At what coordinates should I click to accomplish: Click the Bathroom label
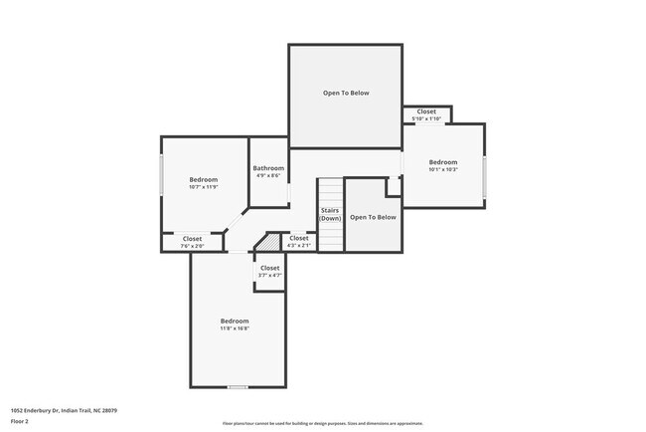(268, 168)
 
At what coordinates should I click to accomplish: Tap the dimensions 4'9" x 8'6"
(268, 176)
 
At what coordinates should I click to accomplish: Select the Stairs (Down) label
(330, 214)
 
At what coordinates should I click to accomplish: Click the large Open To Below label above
(346, 93)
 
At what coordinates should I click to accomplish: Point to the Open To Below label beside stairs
(373, 216)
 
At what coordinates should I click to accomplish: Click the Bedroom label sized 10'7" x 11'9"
(203, 179)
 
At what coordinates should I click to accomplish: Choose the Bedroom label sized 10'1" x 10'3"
(443, 162)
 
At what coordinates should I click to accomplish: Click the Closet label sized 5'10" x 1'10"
(426, 111)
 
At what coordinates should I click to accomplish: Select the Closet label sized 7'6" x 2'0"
(192, 239)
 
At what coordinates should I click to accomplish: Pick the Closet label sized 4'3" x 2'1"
(298, 238)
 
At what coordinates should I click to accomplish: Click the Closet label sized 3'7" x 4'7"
(270, 268)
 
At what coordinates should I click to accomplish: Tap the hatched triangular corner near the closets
(265, 244)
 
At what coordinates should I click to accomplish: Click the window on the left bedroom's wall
(162, 176)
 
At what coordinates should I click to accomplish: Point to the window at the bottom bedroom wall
(238, 387)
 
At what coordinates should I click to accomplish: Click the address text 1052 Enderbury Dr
(40, 409)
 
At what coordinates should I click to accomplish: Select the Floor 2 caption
(20, 421)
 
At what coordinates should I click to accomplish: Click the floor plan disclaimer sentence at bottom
(322, 422)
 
